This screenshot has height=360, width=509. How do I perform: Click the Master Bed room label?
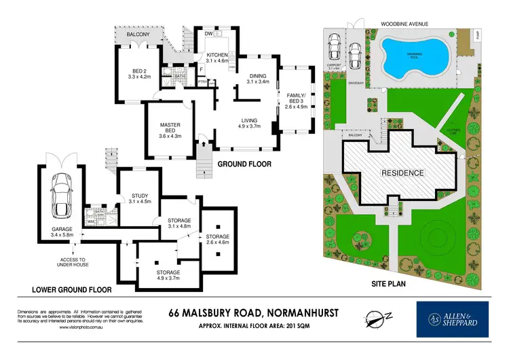170,129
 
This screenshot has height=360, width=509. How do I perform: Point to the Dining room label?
257,78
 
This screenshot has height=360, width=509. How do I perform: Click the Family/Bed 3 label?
297,100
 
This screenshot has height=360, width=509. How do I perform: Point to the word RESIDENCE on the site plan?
402,173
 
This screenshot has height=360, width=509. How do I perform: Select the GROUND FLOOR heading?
244,164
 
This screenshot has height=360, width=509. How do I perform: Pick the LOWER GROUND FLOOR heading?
72,289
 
